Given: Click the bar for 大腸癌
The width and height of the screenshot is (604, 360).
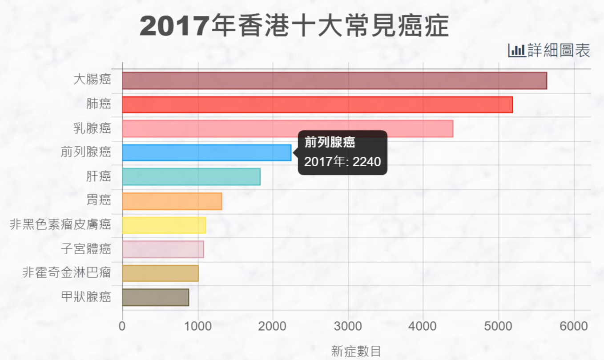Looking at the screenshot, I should pyautogui.click(x=334, y=80).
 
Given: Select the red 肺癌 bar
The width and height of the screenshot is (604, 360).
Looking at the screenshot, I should pyautogui.click(x=317, y=104).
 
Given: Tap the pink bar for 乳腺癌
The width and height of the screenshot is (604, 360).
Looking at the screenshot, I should pyautogui.click(x=287, y=128).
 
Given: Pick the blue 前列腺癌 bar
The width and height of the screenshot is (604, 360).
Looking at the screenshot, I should pyautogui.click(x=206, y=152).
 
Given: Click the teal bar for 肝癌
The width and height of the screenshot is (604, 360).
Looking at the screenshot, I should pyautogui.click(x=191, y=176).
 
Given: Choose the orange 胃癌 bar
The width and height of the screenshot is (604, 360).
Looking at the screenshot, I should pyautogui.click(x=172, y=201).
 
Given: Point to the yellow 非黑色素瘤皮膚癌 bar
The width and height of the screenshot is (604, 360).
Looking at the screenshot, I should pyautogui.click(x=164, y=225).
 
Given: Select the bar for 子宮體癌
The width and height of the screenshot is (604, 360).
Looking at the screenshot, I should pyautogui.click(x=163, y=249).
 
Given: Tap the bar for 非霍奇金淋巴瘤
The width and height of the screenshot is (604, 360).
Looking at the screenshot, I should pyautogui.click(x=160, y=273).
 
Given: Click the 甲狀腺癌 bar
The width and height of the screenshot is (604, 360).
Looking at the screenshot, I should pyautogui.click(x=155, y=297).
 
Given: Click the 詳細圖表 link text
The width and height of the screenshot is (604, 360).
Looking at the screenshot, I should pyautogui.click(x=559, y=51).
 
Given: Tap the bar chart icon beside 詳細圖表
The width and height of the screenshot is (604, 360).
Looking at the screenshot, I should pyautogui.click(x=516, y=51).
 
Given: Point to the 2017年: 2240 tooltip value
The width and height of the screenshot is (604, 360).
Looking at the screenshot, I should pyautogui.click(x=342, y=161).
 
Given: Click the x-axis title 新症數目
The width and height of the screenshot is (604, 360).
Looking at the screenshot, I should pyautogui.click(x=356, y=351).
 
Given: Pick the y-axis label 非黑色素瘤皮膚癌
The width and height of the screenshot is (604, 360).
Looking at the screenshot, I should pyautogui.click(x=60, y=225).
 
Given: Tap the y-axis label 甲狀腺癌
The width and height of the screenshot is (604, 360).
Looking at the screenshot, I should pyautogui.click(x=86, y=297).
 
